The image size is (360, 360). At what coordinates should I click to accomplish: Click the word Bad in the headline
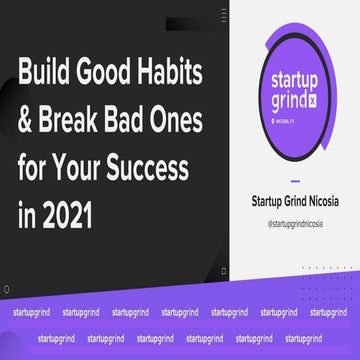[x=134, y=119]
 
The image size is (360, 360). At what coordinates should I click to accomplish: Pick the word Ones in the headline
[x=184, y=119]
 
